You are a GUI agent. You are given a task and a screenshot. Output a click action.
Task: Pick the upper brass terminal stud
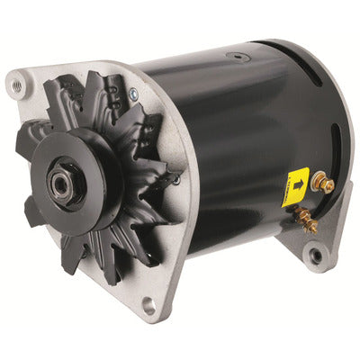point(321,184)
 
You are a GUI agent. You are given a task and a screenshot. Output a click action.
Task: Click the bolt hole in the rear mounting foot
point(315,256)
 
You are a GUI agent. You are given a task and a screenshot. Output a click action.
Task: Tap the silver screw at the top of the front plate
point(133,93)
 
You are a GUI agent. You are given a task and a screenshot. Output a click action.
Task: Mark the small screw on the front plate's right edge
point(176,179)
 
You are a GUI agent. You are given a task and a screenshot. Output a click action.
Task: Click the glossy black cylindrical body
point(234,135)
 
